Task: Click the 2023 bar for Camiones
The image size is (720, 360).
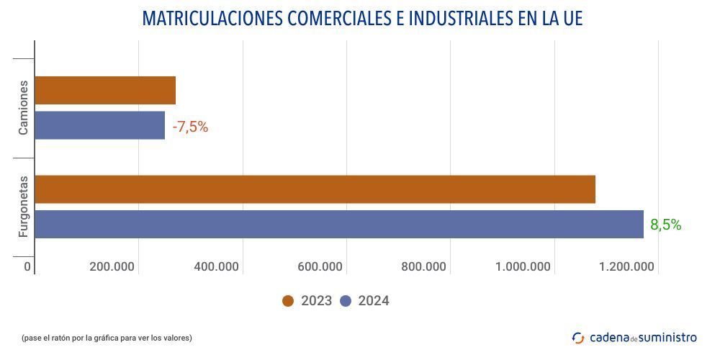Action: point(105,90)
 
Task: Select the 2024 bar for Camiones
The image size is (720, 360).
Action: point(99,125)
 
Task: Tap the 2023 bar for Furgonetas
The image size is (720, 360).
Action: point(315,189)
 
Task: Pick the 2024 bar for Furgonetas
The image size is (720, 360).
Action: point(338,224)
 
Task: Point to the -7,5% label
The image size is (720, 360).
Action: point(190,127)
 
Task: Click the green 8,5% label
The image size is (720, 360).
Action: point(665,225)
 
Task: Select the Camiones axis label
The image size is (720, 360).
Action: point(24,107)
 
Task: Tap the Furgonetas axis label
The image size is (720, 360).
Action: point(24,207)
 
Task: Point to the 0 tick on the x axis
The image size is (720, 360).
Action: point(27,266)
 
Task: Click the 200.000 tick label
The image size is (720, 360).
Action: point(112,266)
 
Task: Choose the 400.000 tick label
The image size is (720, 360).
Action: point(216,266)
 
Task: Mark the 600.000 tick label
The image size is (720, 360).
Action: point(320,266)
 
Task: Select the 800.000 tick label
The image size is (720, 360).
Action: point(423,266)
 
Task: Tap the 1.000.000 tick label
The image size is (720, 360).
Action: point(523,266)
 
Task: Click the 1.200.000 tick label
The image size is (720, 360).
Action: point(626,266)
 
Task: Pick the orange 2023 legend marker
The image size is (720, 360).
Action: point(288,301)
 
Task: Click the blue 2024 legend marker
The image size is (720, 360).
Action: point(346,301)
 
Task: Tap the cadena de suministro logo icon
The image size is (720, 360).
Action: point(578,337)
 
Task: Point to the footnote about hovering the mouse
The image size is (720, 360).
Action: point(107,338)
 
